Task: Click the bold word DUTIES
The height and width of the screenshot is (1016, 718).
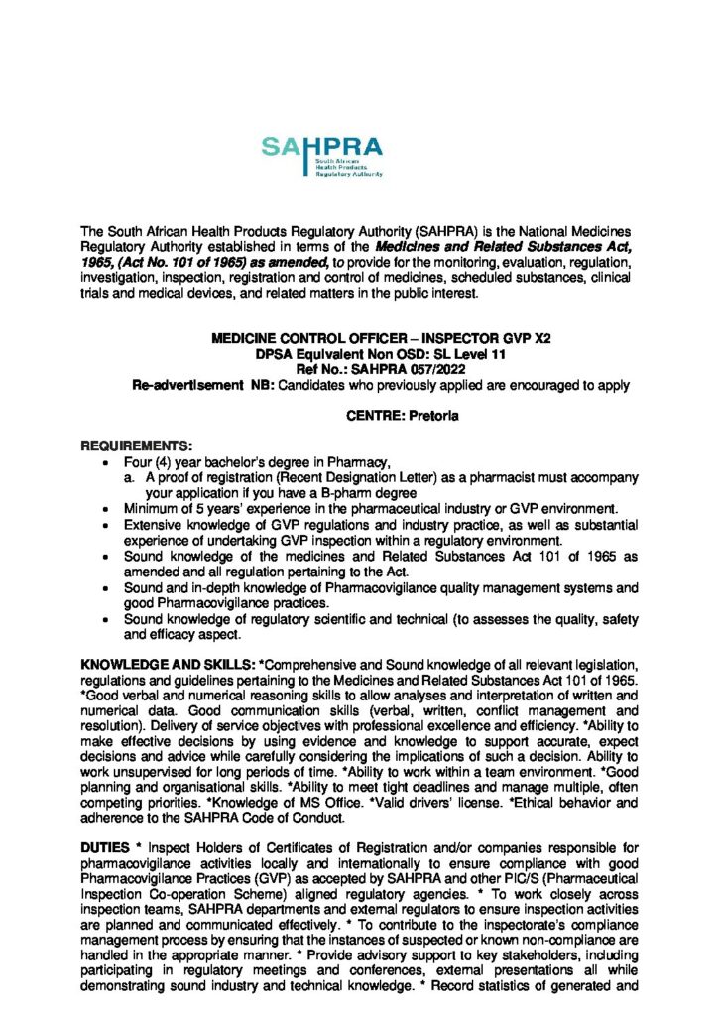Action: [x=104, y=847]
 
